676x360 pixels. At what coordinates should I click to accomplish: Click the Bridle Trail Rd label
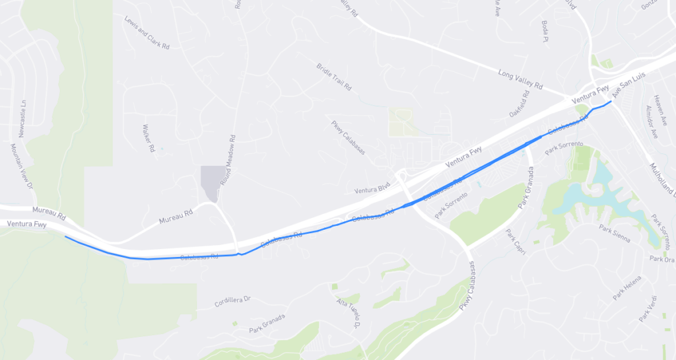(x=334, y=77)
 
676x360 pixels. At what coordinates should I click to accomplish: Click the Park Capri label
(x=514, y=244)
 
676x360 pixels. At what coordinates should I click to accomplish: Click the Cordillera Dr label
(x=233, y=301)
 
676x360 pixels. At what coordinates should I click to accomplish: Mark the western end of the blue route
(x=65, y=236)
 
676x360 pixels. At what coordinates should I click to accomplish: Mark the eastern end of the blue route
(x=612, y=101)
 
